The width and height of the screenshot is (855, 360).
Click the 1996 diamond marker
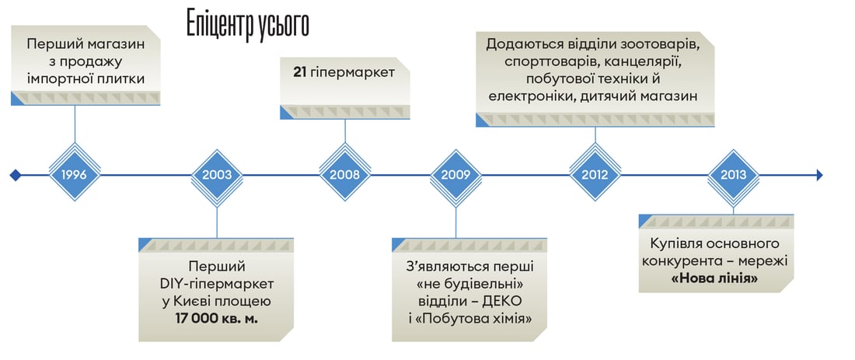[x=75, y=175]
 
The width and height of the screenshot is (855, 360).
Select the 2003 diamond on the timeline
[x=217, y=175]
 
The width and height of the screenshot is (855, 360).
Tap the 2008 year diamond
[x=344, y=175]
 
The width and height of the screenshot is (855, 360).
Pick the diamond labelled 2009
[x=455, y=175]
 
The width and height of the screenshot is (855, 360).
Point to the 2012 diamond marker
[x=595, y=175]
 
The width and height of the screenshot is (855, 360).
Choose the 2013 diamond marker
[x=734, y=175]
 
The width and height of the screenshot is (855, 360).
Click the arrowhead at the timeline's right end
[x=819, y=175]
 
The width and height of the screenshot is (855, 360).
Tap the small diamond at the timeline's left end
[x=16, y=175]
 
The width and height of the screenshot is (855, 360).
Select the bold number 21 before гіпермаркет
[x=299, y=72]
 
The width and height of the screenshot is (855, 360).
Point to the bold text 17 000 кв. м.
[x=217, y=318]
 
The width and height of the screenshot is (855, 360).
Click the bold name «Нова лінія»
[x=715, y=278]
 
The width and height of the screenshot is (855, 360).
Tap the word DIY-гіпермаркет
[x=217, y=284]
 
